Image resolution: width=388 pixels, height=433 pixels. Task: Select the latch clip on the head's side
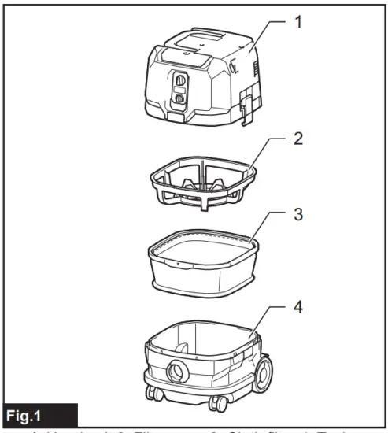pos(246,105)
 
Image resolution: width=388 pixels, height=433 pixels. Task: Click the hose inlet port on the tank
pos(176,370)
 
